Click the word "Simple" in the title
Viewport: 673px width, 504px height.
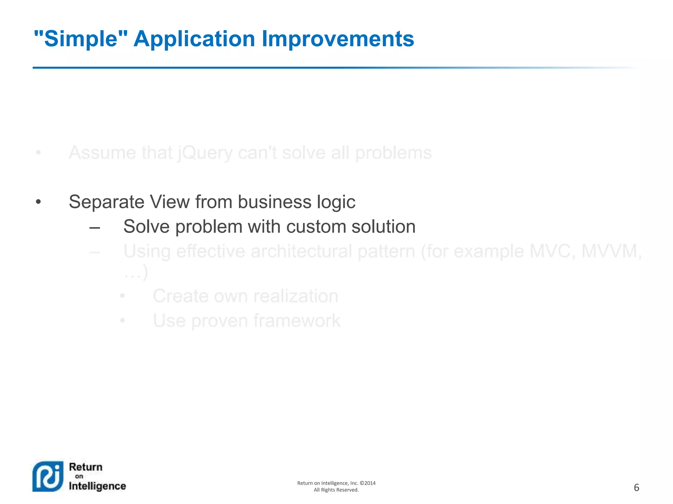81,39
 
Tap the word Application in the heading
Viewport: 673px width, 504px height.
194,39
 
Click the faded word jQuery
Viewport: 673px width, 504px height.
205,153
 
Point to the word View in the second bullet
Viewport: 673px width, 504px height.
170,201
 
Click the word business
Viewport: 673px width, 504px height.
274,201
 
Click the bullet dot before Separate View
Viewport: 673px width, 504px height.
38,202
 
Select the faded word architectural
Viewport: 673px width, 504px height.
301,251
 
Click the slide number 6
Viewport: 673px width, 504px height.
636,488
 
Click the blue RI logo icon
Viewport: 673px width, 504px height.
48,476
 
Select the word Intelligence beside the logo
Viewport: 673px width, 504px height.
97,486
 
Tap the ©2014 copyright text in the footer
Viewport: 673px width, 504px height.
368,483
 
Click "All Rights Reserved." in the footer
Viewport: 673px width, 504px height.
336,490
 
